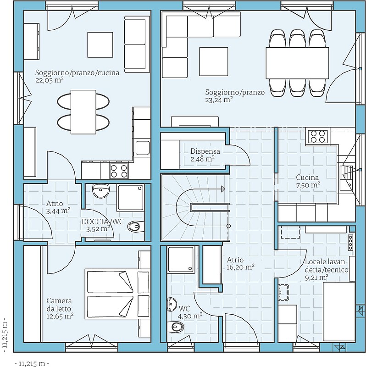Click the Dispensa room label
coord(205,151)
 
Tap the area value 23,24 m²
coord(219,100)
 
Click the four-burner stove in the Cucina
coord(317,136)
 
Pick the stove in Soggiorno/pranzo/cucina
coord(119,171)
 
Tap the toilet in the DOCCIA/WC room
coord(136,226)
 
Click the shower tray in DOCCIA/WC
coord(131,198)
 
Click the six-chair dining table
coord(297,63)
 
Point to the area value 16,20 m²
coord(241,267)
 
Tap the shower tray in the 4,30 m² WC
coord(181,259)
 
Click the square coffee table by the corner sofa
coord(214,61)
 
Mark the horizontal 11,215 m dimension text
coord(32,363)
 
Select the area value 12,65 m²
coord(60,316)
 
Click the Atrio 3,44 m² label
coord(58,207)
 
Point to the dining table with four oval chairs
coord(83,112)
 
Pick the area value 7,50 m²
coord(308,185)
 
